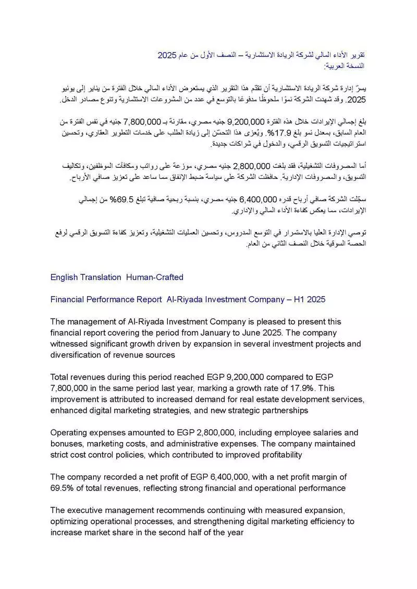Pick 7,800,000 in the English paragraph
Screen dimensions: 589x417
pyautogui.click(x=74, y=388)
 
